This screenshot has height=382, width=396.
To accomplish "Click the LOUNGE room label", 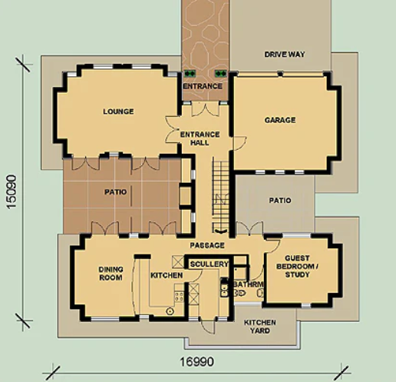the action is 118,111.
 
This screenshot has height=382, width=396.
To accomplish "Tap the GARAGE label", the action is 280,120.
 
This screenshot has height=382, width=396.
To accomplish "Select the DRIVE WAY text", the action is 285,55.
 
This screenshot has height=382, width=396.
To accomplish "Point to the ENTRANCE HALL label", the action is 200,138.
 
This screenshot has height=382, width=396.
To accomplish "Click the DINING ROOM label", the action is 111,274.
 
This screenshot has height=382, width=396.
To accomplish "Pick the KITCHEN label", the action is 167,275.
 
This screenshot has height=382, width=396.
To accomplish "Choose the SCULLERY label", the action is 210,264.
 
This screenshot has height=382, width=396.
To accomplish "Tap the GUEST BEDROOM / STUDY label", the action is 297,266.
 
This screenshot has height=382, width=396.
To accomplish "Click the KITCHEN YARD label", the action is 260,327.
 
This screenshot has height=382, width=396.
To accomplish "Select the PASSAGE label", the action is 207,245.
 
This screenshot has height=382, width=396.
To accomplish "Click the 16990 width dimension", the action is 196,362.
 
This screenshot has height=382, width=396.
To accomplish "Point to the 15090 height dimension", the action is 12,192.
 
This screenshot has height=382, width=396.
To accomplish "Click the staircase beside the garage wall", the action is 220,194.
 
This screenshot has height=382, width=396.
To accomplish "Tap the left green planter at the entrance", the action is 190,74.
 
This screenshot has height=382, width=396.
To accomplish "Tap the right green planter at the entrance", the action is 220,74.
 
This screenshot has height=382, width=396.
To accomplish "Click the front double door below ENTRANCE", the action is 205,109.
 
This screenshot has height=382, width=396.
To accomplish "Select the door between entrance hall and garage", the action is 239,144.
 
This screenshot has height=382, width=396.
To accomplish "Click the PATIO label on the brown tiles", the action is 116,192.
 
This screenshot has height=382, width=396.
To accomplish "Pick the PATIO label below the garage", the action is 280,201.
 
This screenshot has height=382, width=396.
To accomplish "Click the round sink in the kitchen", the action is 170,311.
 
